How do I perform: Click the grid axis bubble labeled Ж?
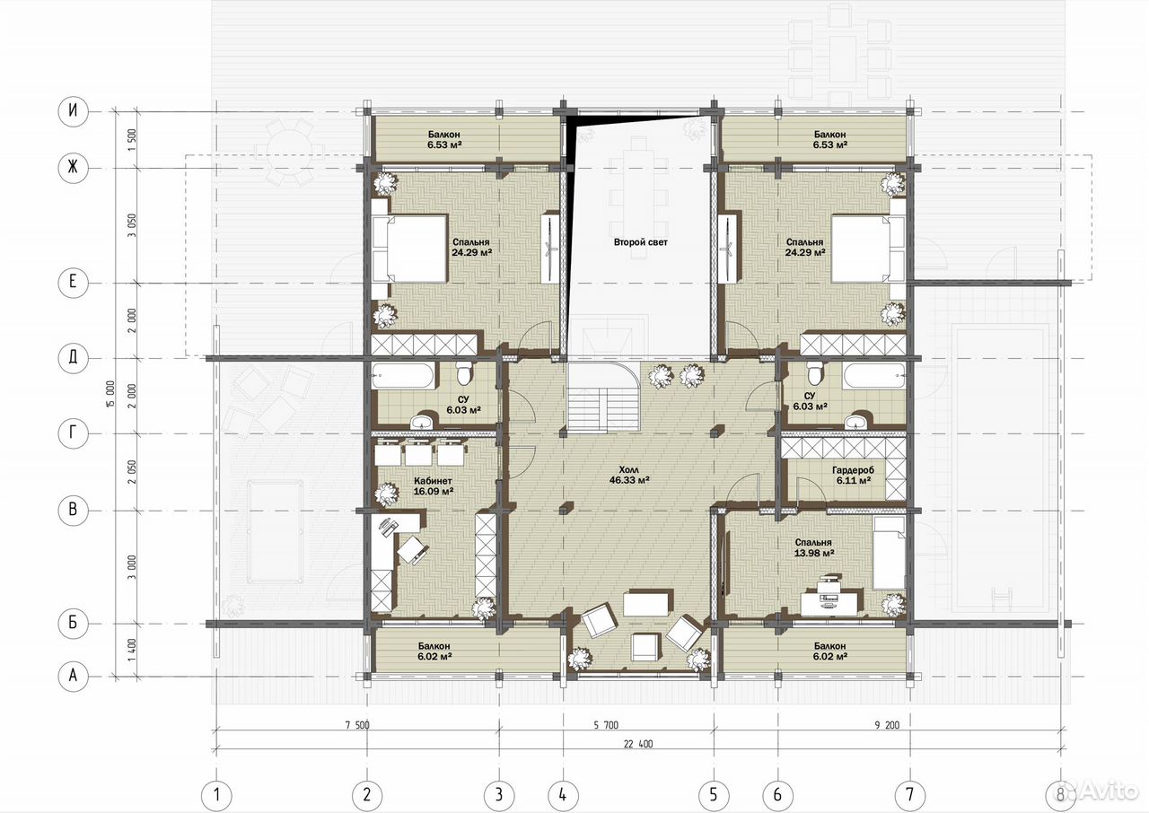73,167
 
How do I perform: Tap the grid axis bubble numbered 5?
714,795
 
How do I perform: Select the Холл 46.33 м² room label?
629,475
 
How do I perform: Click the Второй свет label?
641,242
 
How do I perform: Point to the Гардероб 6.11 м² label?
854,475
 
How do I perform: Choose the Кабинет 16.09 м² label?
434,485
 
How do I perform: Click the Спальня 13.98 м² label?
813,547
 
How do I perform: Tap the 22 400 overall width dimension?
638,744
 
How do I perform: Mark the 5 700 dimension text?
606,725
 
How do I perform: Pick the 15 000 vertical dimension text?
110,394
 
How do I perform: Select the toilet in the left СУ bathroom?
464,373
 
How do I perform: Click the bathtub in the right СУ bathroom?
874,376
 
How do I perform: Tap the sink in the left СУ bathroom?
423,420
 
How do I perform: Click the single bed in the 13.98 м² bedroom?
890,553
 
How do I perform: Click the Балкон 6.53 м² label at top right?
829,139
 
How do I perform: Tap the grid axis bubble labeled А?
73,676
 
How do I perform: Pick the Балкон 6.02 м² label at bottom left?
434,651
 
